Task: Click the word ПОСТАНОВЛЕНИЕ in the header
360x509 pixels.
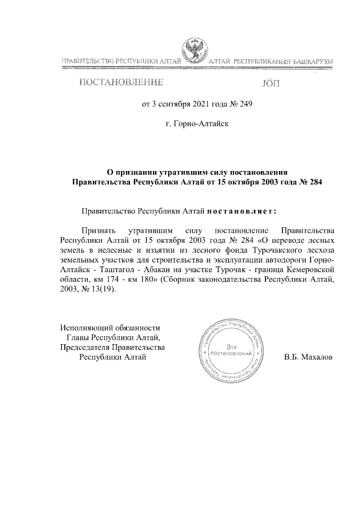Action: [121, 84]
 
